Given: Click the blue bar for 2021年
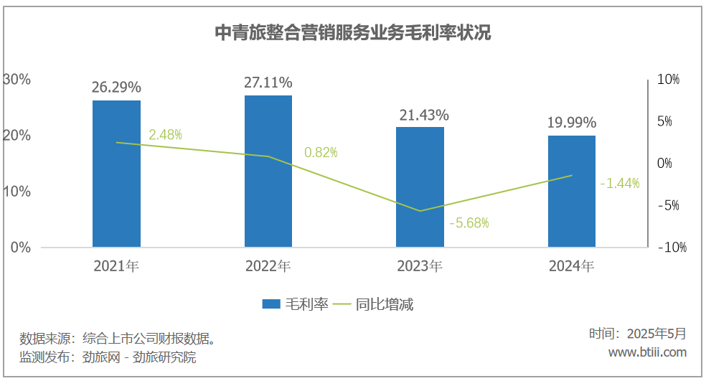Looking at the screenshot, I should pos(116,174).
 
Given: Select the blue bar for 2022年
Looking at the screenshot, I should pos(268,171).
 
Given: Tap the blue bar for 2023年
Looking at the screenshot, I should pos(420,187).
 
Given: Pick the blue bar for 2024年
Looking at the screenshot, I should pos(572,192).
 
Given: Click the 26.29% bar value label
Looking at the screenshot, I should pos(116,88).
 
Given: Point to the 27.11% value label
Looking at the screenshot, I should pos(268,83).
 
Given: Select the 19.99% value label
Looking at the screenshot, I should pos(572,123).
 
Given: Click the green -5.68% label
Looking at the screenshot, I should pos(469,223).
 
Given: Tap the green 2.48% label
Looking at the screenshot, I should pos(166,134).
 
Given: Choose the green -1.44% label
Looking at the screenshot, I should pos(619,183).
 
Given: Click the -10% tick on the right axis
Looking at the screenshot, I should pos(672,248).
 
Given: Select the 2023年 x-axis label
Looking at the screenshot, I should pos(420,266).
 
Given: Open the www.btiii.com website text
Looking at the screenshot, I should pos(647,352).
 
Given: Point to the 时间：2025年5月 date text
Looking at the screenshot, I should pos(637,334).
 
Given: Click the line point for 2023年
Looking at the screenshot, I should pos(420,211).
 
